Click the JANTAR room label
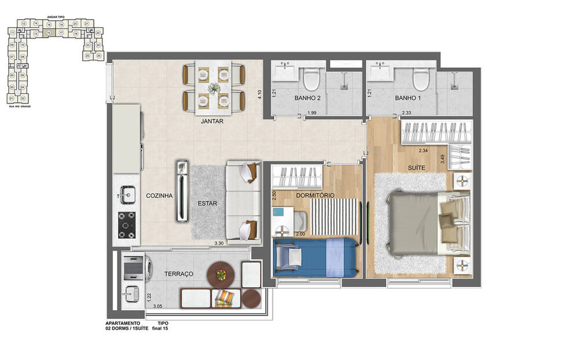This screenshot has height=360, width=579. click(x=212, y=122)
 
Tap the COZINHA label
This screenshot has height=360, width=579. click(x=159, y=196)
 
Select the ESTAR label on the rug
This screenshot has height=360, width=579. click(x=207, y=204)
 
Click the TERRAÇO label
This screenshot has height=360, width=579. click(x=178, y=274)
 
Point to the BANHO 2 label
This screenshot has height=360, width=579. click(x=307, y=98)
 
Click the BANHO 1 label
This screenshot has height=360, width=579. click(x=408, y=98)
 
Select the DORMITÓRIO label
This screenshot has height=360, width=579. click(x=315, y=196)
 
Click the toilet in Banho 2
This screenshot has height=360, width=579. click(x=312, y=79)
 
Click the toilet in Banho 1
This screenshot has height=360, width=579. click(x=421, y=79)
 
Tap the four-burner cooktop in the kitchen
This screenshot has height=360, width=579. click(x=127, y=225)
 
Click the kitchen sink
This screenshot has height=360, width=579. click(x=127, y=193)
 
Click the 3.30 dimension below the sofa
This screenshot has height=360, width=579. click(x=219, y=244)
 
